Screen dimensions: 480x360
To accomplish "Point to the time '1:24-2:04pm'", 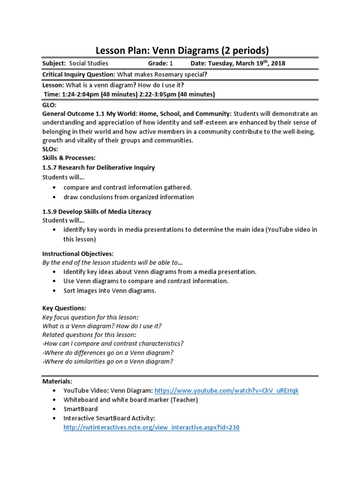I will coord(77,94).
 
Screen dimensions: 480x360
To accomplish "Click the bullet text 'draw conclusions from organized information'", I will coord(128,197).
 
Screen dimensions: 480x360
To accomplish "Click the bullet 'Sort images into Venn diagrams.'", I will coord(110,290).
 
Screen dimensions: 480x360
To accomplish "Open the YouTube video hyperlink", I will coord(226,390).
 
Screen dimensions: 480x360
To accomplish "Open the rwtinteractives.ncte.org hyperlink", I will coord(151,427).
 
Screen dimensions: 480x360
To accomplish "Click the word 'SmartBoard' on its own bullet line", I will coord(81,409).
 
